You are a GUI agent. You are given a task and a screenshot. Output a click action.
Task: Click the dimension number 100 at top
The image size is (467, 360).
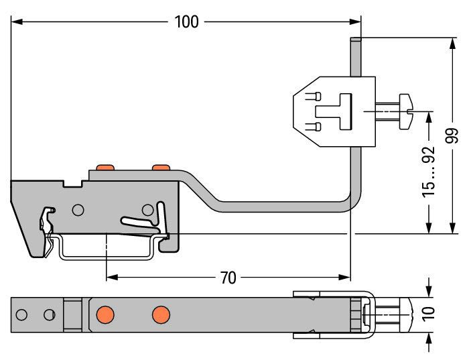click(x=186, y=21)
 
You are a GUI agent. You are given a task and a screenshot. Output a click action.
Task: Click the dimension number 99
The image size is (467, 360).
click(x=452, y=135)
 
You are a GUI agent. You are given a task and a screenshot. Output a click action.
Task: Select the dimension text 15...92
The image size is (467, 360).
click(x=429, y=172)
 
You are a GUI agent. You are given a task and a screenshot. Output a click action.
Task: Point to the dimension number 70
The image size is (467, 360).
click(x=228, y=278)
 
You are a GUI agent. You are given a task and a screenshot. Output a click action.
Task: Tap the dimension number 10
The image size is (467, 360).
click(x=429, y=314)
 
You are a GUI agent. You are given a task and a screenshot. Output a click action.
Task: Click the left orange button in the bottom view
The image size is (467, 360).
click(x=105, y=314)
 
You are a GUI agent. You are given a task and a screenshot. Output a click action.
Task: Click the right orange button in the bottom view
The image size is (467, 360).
click(x=161, y=314)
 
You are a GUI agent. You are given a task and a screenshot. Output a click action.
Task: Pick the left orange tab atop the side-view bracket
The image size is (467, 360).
click(x=105, y=167)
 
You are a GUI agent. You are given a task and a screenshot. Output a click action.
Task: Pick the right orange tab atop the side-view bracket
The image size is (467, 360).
click(x=161, y=167)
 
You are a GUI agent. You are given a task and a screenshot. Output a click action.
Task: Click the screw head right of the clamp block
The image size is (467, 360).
click(x=406, y=111)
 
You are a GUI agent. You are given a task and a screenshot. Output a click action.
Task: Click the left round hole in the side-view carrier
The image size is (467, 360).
click(x=78, y=210)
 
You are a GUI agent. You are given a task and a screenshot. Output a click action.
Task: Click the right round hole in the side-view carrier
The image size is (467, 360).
click(x=147, y=210)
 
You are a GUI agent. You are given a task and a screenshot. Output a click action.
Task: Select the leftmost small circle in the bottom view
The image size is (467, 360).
click(x=21, y=314)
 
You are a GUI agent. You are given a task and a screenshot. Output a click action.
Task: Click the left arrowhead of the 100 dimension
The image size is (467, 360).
click(x=17, y=21)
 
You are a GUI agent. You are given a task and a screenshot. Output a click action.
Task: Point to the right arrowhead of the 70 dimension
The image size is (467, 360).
click(x=345, y=278)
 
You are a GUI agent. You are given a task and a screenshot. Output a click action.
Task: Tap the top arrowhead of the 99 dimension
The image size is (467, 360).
click(x=452, y=44)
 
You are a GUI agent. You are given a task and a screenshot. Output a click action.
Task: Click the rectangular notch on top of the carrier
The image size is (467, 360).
click(x=73, y=183)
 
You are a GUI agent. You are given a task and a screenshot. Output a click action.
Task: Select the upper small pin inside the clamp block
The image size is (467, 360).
click(x=314, y=97)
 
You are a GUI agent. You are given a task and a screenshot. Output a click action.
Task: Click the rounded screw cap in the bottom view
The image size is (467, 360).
click(x=406, y=314)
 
